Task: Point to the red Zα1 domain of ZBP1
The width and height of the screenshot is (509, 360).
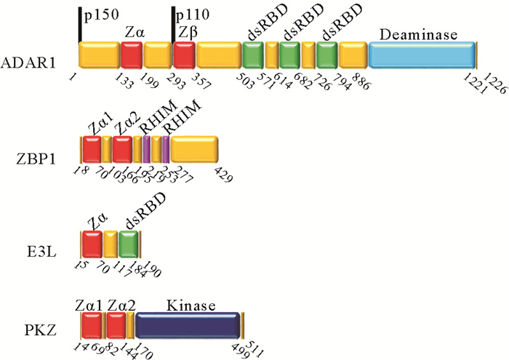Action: click(x=92, y=149)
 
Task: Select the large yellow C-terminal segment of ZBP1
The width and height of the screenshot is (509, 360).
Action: click(x=194, y=149)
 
